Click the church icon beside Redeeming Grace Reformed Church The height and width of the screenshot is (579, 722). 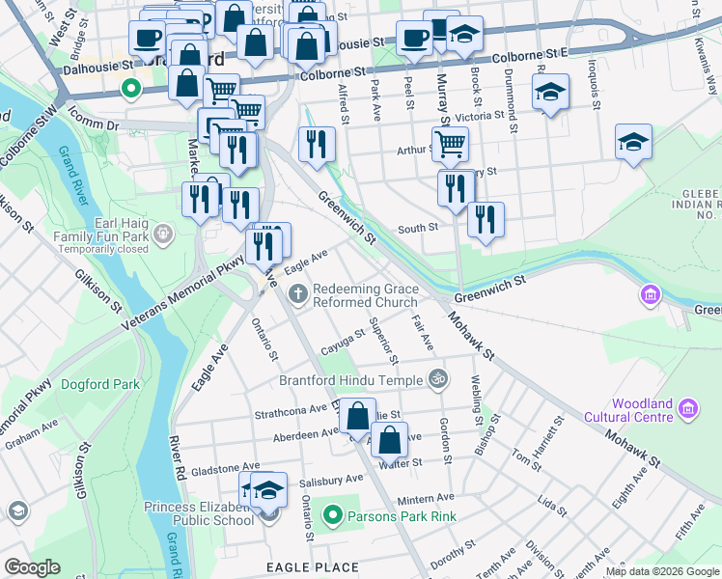tap(299, 294)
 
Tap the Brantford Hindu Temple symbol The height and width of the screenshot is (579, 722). tap(437, 378)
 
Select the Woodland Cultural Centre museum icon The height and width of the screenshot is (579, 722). tap(688, 410)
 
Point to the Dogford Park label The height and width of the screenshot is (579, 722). tap(100, 384)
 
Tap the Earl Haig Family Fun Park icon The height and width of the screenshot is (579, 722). tap(163, 232)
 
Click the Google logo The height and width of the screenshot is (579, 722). tap(33, 566)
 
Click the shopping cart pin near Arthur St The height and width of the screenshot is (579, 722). tap(450, 145)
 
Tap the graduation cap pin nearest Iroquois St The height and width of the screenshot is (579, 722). tap(550, 92)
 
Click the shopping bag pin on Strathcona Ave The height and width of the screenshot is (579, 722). tap(357, 415)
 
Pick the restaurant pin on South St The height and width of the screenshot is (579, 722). tap(486, 219)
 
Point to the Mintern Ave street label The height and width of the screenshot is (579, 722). tap(425, 498)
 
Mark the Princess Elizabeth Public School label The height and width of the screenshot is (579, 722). tap(200, 513)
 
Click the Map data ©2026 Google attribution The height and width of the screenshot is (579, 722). tap(662, 571)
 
